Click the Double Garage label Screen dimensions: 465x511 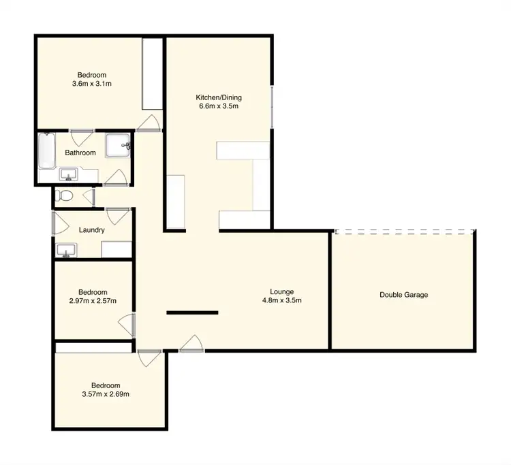[x=404, y=295]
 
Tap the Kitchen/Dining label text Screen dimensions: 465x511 [x=218, y=97]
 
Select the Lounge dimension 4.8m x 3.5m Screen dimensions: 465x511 [x=281, y=300]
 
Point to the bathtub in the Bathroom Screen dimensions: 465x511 [x=46, y=152]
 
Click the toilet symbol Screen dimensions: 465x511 [x=65, y=196]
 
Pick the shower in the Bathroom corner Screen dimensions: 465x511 [x=118, y=144]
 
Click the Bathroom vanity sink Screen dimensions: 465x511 [x=68, y=176]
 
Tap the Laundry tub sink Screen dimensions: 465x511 [x=66, y=251]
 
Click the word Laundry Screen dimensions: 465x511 [x=91, y=230]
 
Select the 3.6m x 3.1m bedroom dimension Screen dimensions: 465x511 [x=91, y=84]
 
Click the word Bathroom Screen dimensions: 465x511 [x=80, y=153]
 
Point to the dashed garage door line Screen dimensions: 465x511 [x=404, y=232]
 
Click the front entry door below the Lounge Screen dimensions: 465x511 [x=191, y=343]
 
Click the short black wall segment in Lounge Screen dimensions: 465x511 [x=193, y=313]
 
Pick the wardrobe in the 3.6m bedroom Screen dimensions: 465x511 [x=151, y=74]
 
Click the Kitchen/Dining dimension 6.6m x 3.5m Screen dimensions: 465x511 [x=218, y=106]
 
